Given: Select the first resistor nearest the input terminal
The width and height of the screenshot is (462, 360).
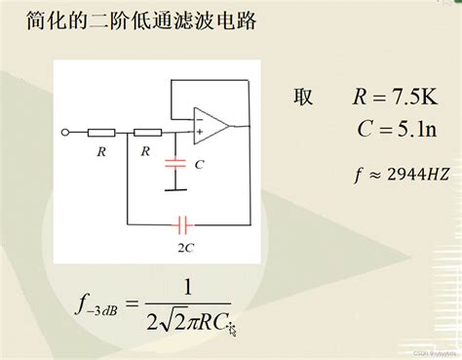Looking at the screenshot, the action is tap(100, 132).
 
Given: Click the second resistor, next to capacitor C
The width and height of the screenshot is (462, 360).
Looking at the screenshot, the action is tap(147, 132).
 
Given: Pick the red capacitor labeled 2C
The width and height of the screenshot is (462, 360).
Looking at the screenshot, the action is tap(182, 223).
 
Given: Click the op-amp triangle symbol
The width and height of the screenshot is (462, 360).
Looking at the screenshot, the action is tap(211, 123).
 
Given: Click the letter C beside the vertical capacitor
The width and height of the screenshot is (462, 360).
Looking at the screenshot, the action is tap(199, 165).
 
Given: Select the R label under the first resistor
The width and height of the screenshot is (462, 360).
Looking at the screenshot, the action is tap(100, 151).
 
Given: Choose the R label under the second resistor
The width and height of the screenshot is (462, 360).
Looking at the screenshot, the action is tap(145, 151).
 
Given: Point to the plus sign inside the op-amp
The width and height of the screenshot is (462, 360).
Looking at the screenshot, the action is tap(201, 130).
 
